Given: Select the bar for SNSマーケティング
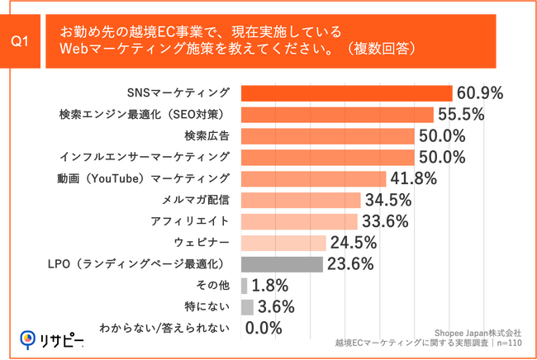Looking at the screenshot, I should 347,93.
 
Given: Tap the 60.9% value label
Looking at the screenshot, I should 480,93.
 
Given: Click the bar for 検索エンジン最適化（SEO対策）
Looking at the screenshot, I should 338,114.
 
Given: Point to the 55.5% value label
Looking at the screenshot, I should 462,114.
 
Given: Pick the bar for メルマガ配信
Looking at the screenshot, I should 301,200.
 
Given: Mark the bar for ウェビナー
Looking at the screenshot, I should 283,243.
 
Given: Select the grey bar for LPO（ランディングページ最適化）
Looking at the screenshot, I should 282,264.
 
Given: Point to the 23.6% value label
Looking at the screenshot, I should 349,264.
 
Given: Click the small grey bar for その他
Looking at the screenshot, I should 244,286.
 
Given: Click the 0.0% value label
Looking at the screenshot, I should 264,329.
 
